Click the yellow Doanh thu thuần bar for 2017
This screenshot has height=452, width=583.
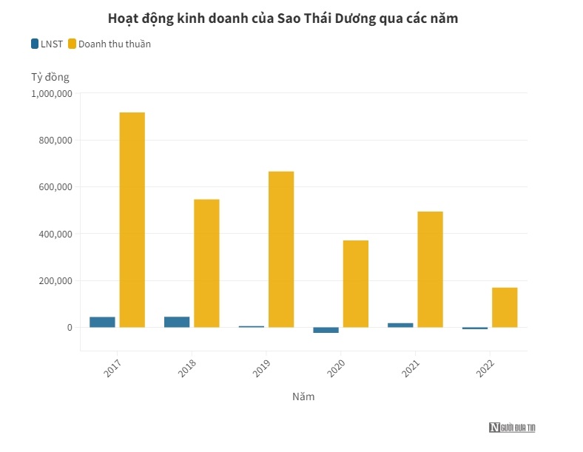132,220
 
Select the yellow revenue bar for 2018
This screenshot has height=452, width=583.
206,263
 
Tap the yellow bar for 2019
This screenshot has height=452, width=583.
281,249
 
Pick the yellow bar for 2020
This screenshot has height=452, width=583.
355,283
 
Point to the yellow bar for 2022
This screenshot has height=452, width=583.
505,307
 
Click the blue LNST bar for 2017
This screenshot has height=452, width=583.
102,322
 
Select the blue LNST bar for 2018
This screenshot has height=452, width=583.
177,322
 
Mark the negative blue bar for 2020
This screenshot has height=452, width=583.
326,330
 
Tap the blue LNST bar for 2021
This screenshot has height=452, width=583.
400,325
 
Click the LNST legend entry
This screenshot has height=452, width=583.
46,44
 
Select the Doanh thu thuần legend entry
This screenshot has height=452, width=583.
109,44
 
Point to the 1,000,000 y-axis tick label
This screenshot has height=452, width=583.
51,93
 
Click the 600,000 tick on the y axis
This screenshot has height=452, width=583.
55,187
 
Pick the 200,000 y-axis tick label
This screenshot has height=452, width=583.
55,281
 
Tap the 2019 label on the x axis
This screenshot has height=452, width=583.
263,368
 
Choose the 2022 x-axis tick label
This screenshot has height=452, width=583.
486,368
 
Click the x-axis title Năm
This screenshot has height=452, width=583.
303,397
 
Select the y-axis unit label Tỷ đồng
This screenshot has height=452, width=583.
50,77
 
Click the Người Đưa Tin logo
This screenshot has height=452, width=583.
512,428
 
